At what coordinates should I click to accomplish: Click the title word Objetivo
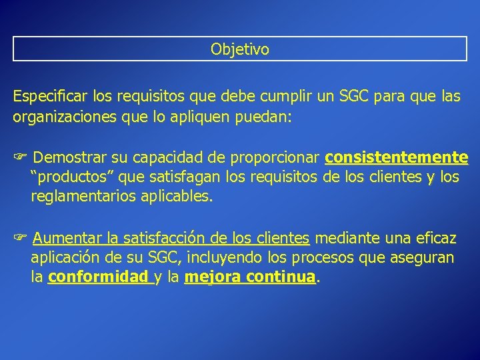pos(240,49)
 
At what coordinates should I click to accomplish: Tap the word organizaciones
pos(61,117)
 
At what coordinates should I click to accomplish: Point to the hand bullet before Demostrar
pos(19,158)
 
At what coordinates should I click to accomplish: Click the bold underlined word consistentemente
pos(397,158)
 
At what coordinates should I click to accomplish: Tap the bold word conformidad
pos(99,277)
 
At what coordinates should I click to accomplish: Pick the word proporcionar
pos(275,158)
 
